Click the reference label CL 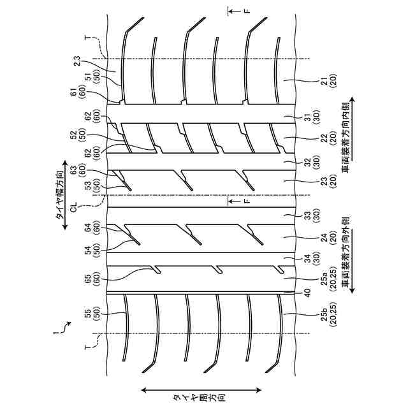click(x=73, y=207)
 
